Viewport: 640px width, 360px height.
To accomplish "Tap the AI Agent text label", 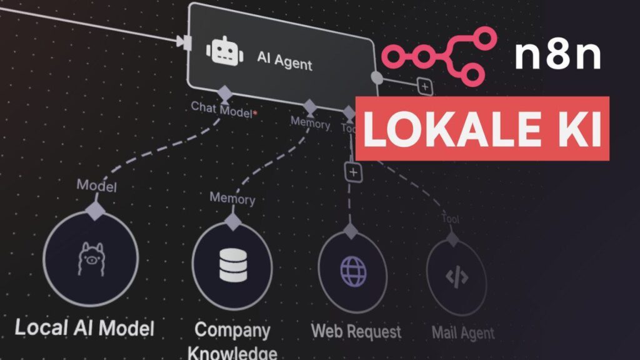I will [284, 60].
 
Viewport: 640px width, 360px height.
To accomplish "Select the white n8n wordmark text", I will [557, 55].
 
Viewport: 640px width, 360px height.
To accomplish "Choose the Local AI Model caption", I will [84, 327].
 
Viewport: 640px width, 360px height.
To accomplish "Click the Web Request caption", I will [356, 331].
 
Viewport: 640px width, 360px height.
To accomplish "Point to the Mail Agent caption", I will [462, 333].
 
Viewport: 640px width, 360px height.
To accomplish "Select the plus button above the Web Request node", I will [354, 172].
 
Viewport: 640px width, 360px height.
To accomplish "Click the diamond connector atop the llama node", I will [96, 209].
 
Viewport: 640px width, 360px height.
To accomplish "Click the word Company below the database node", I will [232, 329].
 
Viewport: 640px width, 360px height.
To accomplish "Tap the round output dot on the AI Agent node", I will [377, 77].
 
